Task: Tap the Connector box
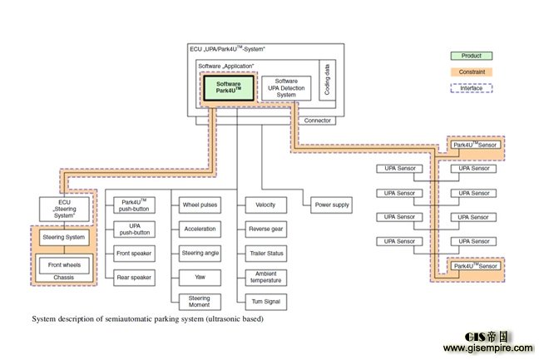(x=318, y=121)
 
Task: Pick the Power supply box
(x=331, y=205)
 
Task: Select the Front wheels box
(x=64, y=266)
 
